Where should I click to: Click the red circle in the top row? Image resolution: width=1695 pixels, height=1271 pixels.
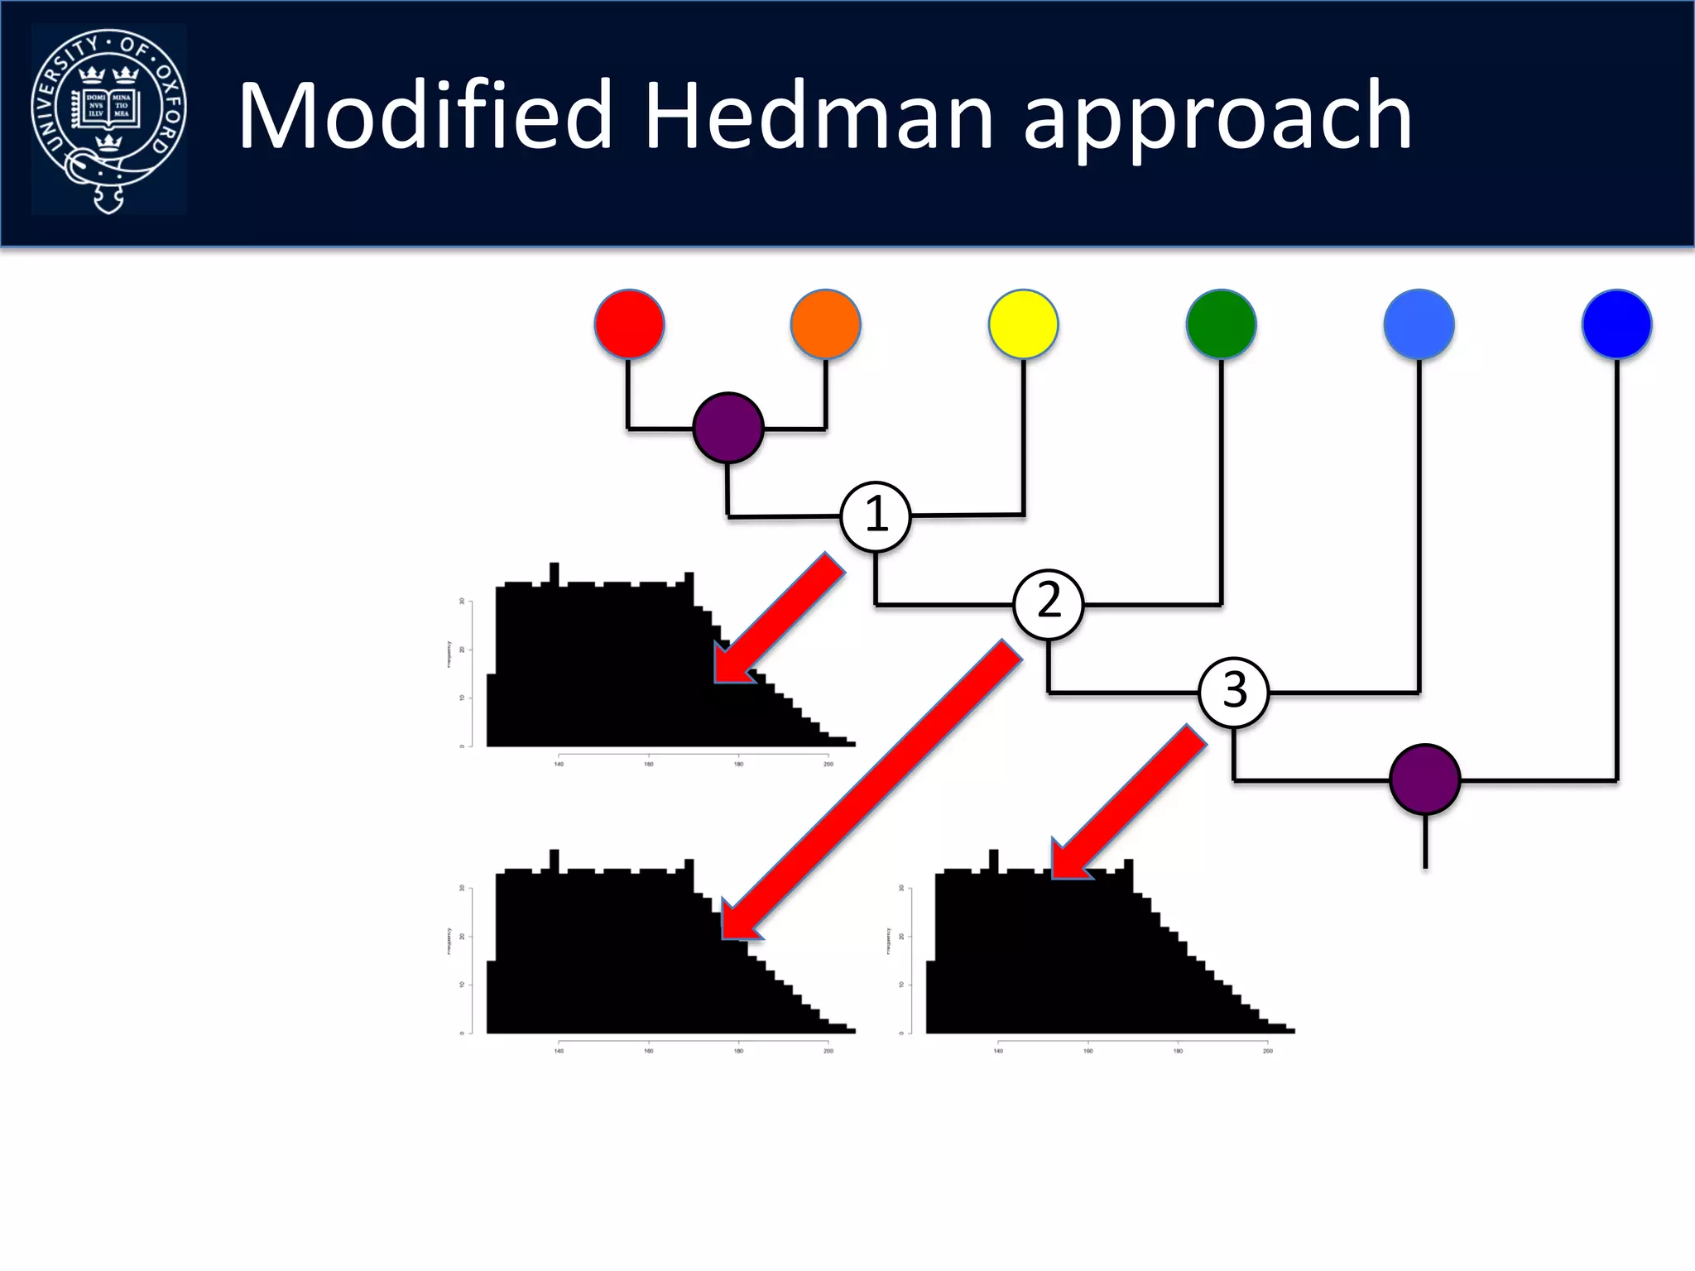coord(629,324)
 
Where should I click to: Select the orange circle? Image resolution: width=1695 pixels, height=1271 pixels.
coord(825,324)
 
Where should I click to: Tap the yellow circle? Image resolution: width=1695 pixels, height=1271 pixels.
coord(1023,324)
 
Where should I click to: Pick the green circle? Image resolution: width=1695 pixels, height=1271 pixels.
coord(1221,324)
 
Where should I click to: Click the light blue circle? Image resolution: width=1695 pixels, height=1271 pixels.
coord(1419,324)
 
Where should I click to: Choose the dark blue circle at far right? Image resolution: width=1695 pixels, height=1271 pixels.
coord(1616,324)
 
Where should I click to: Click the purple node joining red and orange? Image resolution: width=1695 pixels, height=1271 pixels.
coord(727,428)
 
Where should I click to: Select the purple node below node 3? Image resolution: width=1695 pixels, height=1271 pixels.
coord(1424,779)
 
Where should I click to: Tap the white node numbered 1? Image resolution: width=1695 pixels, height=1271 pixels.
coord(876,516)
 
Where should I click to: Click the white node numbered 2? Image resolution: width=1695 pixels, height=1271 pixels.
coord(1049,604)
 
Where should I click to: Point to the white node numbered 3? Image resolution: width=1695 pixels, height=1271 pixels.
coord(1234,692)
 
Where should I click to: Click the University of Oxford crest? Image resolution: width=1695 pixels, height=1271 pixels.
coord(108,119)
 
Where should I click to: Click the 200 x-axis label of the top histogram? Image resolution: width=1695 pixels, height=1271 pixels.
coord(828,764)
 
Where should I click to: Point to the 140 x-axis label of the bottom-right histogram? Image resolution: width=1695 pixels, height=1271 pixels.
coord(998,1051)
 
